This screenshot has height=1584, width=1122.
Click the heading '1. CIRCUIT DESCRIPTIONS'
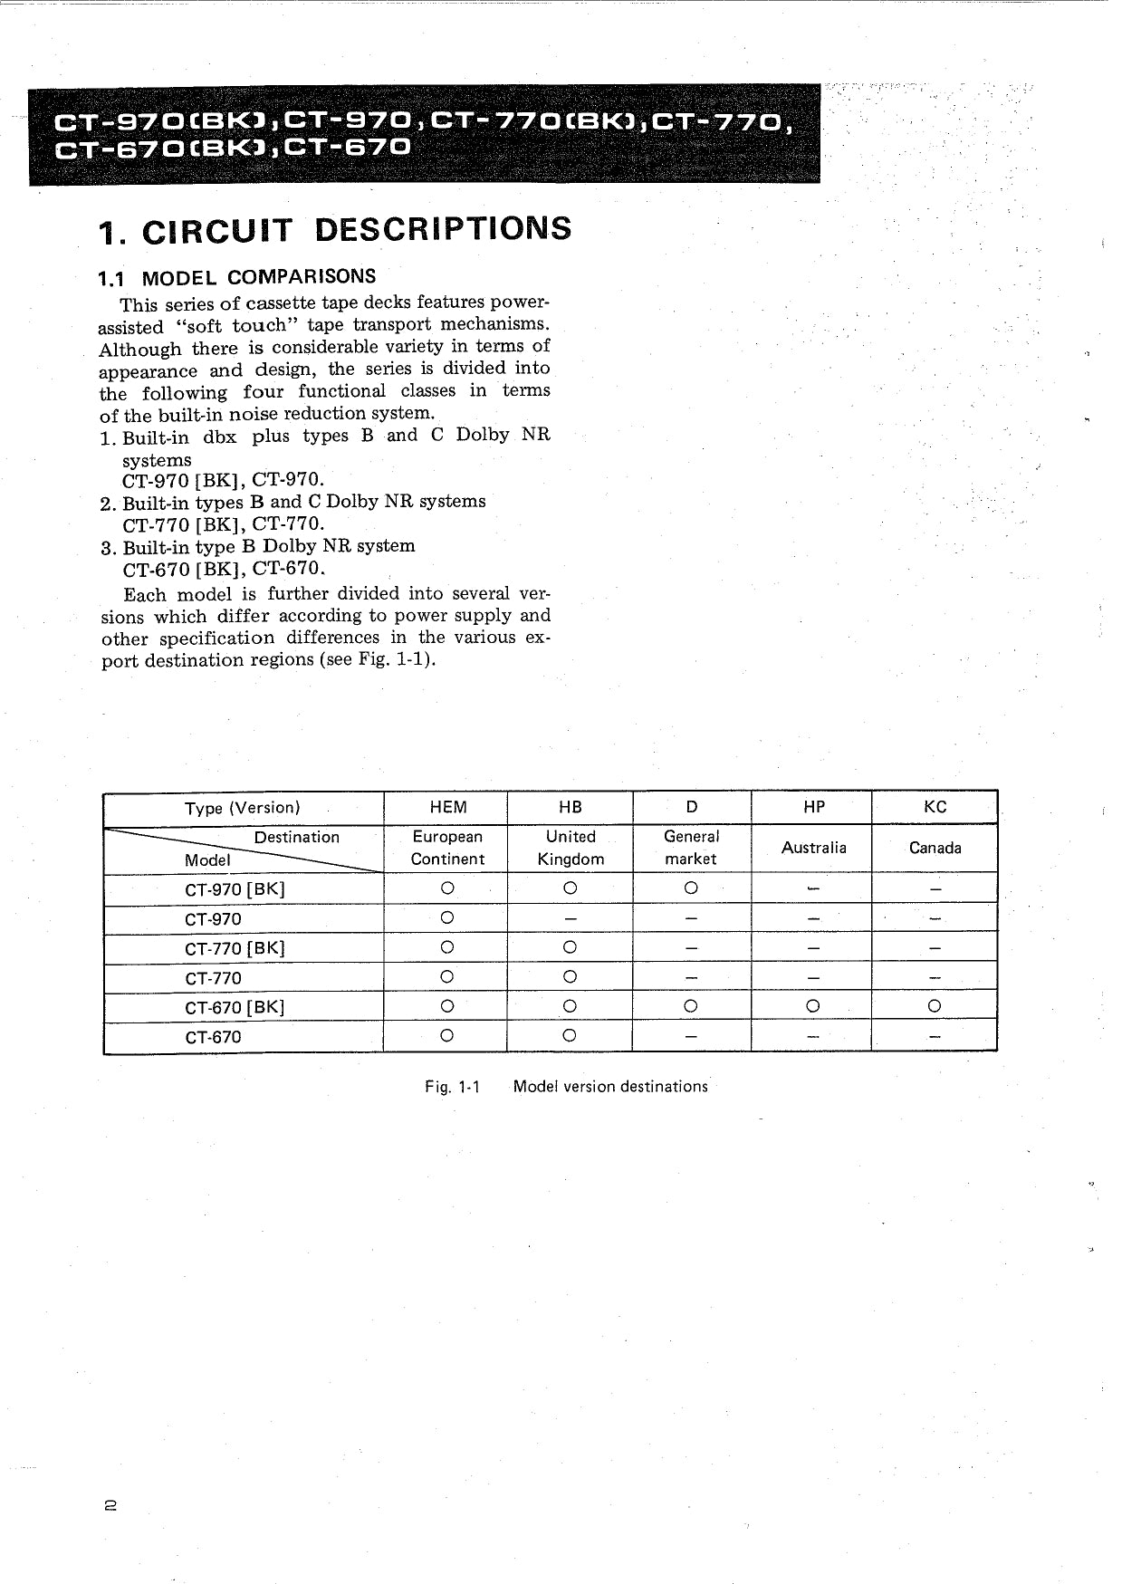point(336,229)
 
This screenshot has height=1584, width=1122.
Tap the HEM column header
point(447,807)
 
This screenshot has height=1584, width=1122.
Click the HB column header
point(571,807)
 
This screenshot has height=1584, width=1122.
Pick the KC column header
point(935,807)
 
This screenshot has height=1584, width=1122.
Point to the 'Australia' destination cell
point(813,848)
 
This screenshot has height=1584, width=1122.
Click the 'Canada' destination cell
point(935,848)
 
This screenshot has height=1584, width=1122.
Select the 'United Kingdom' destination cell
point(571,848)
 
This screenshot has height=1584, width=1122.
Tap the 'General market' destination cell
point(691,848)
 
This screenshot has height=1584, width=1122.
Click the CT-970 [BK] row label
point(235,889)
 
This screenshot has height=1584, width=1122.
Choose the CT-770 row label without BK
point(214,978)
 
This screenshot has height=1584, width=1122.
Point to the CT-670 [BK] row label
point(235,1007)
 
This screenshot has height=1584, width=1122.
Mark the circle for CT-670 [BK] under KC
point(935,1006)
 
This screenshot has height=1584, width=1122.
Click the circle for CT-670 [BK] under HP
point(812,1006)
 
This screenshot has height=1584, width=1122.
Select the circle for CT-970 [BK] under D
point(691,888)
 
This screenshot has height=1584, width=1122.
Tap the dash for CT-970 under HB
point(570,919)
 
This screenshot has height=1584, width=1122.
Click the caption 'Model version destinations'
point(610,1086)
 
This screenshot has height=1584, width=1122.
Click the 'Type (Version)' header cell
point(242,808)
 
